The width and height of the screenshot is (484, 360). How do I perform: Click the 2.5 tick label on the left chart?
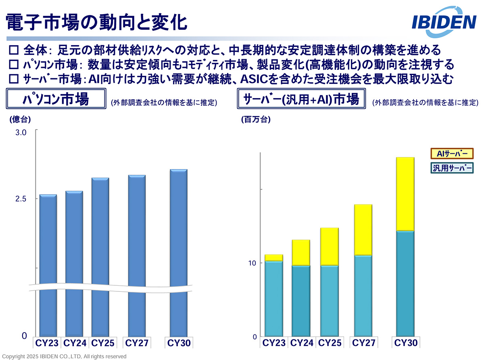(21, 199)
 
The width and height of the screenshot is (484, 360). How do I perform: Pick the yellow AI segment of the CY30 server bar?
(405, 194)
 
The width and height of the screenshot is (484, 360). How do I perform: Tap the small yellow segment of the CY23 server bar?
(274, 258)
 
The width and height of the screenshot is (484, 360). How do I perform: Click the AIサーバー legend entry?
(451, 154)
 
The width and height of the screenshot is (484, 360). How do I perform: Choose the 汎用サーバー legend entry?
(451, 168)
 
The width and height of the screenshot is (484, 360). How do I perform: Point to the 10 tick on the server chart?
(252, 263)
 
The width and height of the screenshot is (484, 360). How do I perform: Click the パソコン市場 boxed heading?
(56, 99)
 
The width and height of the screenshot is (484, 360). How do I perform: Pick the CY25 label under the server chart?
(330, 343)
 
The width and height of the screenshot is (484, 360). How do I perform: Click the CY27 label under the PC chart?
(137, 343)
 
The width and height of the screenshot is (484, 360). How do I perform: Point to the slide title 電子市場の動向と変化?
(97, 22)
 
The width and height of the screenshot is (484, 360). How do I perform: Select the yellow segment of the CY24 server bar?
(301, 252)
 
